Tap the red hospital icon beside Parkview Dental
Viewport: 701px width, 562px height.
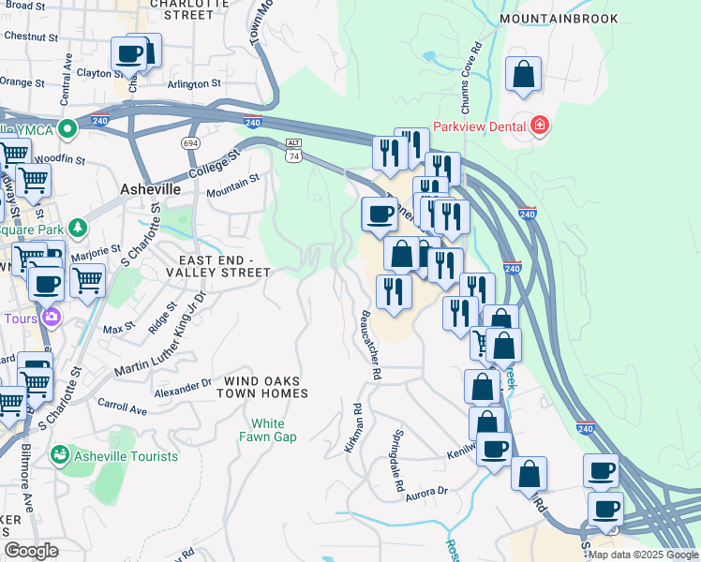point(539,126)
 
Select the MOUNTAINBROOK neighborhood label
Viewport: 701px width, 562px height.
point(559,19)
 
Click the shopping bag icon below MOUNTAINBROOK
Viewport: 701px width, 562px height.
point(523,75)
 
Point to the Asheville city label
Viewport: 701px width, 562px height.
point(150,188)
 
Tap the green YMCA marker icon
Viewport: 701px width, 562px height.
point(67,128)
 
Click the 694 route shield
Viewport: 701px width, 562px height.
point(191,142)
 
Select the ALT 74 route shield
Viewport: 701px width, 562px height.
point(294,150)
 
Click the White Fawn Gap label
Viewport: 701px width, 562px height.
point(267,430)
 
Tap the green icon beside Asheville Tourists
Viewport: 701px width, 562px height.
point(60,455)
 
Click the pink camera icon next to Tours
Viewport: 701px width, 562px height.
point(52,318)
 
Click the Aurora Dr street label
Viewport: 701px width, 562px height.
point(428,493)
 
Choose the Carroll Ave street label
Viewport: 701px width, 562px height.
point(122,407)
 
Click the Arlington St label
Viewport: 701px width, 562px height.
point(194,83)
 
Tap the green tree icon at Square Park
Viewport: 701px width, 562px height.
point(76,228)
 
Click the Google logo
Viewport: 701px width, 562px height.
point(31,551)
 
